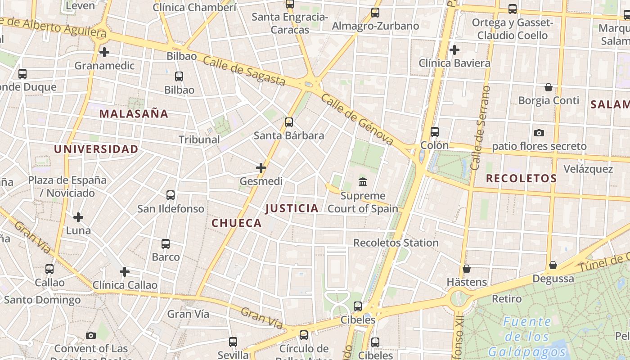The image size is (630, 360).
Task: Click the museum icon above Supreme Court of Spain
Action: pyautogui.click(x=363, y=182)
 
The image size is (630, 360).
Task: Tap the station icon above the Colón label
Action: pyautogui.click(x=434, y=132)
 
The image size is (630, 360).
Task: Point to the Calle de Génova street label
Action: pyautogui.click(x=358, y=120)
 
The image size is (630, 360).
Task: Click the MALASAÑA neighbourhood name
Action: pyautogui.click(x=134, y=114)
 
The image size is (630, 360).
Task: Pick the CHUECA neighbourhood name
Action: pyautogui.click(x=236, y=223)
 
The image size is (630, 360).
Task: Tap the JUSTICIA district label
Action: pyautogui.click(x=292, y=208)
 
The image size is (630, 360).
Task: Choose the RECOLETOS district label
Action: pyautogui.click(x=521, y=179)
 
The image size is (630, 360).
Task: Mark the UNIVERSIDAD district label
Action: pyautogui.click(x=96, y=149)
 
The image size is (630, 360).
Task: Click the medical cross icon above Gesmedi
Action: pyautogui.click(x=261, y=168)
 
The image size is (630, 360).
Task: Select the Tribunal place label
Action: pyautogui.click(x=199, y=139)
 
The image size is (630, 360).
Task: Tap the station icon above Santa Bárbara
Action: pyautogui.click(x=289, y=122)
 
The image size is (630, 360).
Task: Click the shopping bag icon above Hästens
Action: pyautogui.click(x=467, y=269)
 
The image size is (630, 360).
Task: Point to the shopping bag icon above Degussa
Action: pyautogui.click(x=553, y=265)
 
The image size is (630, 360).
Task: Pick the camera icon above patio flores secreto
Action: pyautogui.click(x=539, y=133)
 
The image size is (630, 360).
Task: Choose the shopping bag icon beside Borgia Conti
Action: pyautogui.click(x=549, y=87)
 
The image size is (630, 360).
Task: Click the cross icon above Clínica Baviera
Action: pyautogui.click(x=454, y=49)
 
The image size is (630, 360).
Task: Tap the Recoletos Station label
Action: pyautogui.click(x=396, y=243)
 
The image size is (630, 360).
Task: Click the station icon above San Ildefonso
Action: pyautogui.click(x=171, y=195)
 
